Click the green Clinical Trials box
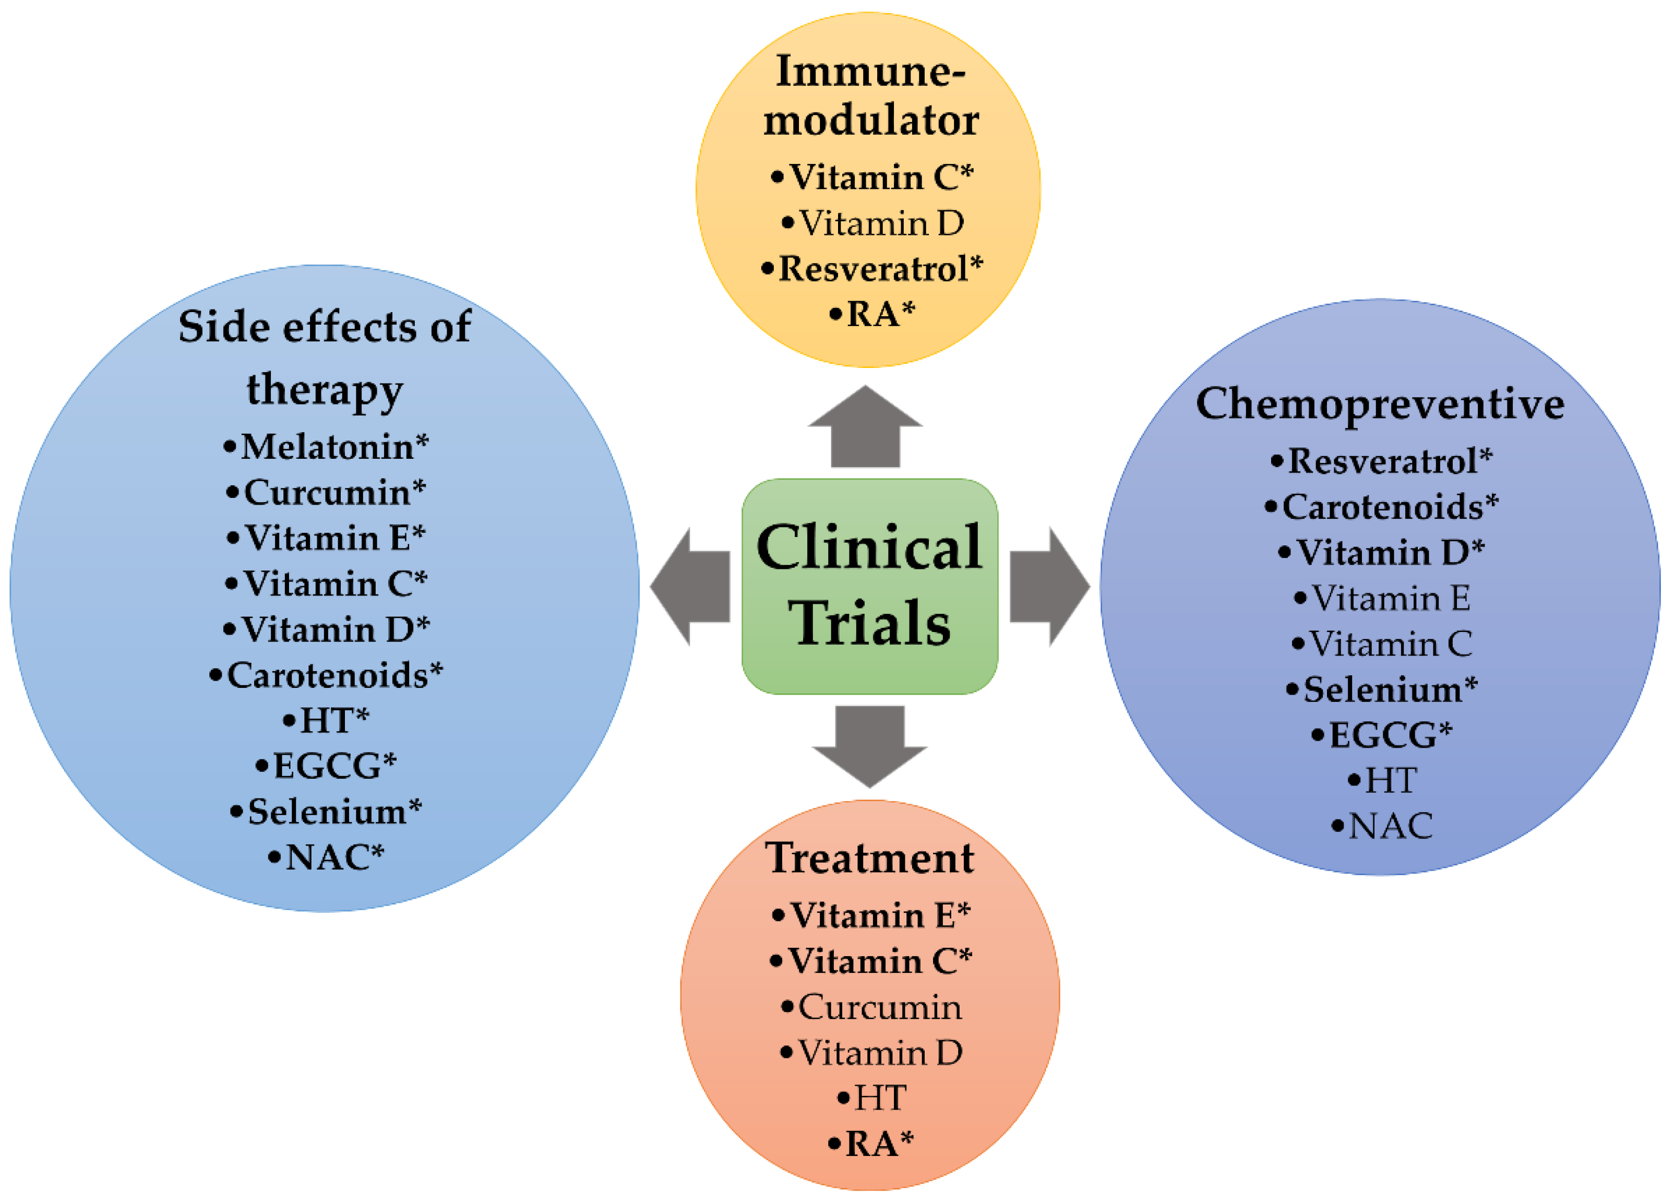(x=869, y=586)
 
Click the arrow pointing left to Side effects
(x=690, y=587)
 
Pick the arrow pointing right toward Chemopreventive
(x=1049, y=587)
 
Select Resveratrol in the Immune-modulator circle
(x=872, y=269)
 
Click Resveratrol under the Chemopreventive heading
(x=1382, y=461)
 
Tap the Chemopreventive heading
(x=1380, y=404)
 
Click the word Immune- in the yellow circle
(x=870, y=72)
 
